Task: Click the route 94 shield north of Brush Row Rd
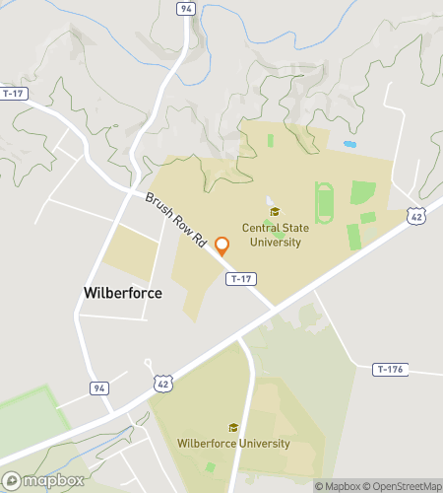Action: tap(185, 9)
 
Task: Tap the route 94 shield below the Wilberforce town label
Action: tap(99, 388)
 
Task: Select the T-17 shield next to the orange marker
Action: tap(241, 279)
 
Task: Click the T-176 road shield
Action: tap(390, 370)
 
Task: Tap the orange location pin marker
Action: tap(222, 246)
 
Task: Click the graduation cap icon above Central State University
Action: tap(274, 211)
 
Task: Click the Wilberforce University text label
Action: tap(233, 443)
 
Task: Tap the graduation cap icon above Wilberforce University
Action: tap(233, 427)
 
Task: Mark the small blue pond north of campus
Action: tap(349, 145)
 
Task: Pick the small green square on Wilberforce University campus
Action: tap(211, 466)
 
